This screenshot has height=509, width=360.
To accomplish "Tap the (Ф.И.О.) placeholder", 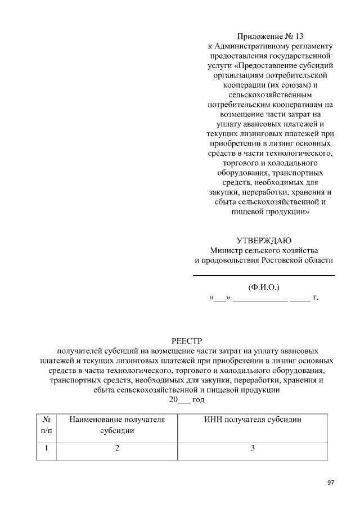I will click(263, 287).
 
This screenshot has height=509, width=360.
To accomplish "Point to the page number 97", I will click(331, 483).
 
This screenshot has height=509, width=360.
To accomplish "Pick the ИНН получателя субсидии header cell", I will click(253, 420).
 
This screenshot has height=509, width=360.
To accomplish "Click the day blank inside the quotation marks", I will click(219, 299).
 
